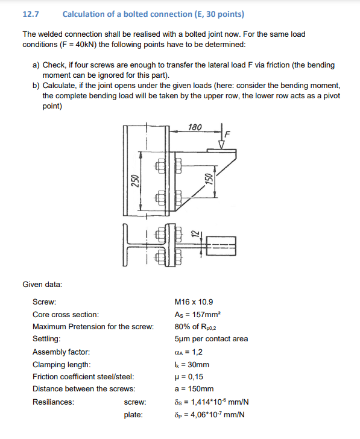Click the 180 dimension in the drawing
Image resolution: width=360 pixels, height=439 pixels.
(x=195, y=127)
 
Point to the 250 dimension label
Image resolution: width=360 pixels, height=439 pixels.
(x=135, y=180)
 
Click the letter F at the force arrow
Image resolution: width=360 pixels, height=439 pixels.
(x=228, y=132)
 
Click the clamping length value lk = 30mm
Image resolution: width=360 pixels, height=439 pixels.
(x=191, y=364)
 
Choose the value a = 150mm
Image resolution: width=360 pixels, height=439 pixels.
(x=194, y=389)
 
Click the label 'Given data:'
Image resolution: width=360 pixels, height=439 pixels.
(x=42, y=283)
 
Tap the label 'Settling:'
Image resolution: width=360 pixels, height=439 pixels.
(x=46, y=339)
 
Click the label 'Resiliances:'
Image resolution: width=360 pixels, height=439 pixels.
(x=53, y=402)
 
